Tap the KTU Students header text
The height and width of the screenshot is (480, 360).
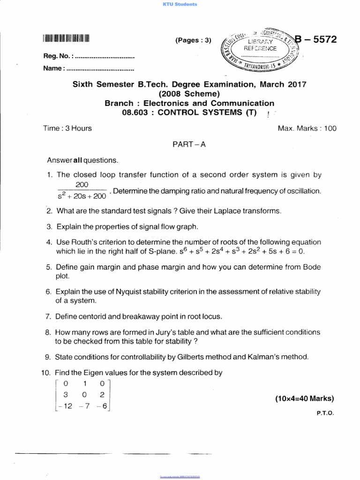point(180,4)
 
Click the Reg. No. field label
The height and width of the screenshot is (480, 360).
point(58,56)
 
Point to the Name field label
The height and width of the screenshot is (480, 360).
point(53,68)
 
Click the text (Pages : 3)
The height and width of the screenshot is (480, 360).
point(193,40)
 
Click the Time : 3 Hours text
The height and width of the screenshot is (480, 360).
point(68,128)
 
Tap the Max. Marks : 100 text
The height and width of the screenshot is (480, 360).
point(307,128)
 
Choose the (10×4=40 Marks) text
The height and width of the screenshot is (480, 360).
point(305,399)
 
